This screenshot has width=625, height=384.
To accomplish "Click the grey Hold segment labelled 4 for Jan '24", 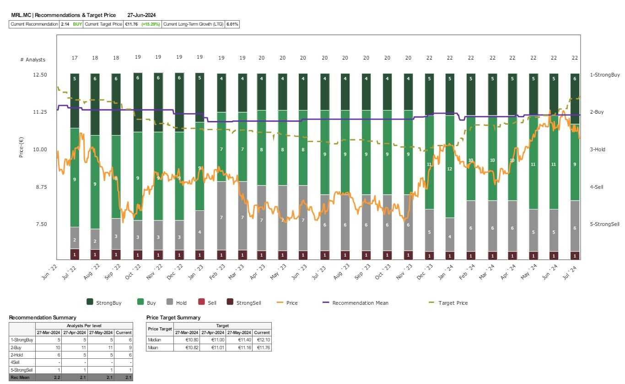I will pyautogui.click(x=450, y=236).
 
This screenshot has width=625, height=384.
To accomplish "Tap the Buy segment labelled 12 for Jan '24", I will pyautogui.click(x=450, y=169).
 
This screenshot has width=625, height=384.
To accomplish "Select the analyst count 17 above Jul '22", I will pyautogui.click(x=75, y=58).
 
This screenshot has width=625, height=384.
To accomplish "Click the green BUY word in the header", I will pyautogui.click(x=78, y=24).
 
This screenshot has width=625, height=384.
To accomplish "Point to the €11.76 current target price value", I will pyautogui.click(x=132, y=24).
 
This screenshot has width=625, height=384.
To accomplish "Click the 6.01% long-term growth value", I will pyautogui.click(x=232, y=24).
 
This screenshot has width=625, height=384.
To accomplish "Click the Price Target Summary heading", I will pyautogui.click(x=173, y=317).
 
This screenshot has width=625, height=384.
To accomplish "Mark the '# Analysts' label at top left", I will pyautogui.click(x=32, y=60).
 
